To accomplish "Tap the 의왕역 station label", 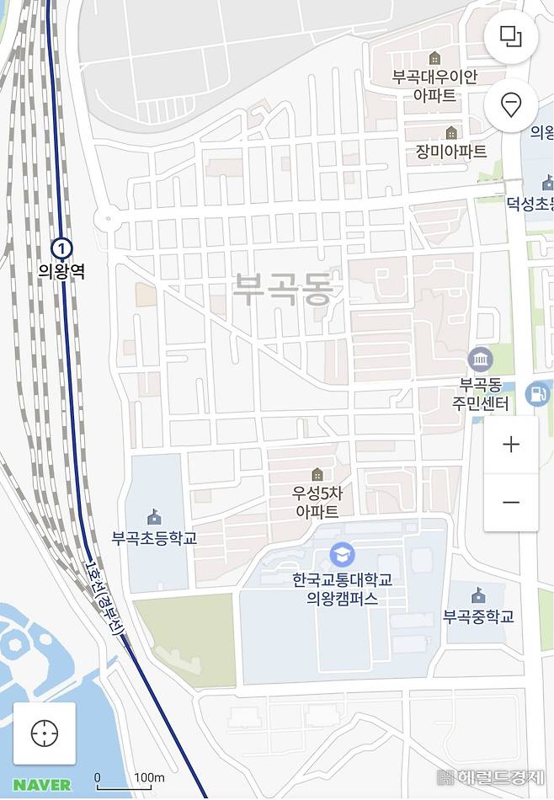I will [x=61, y=271].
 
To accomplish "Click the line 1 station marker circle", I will [x=61, y=248].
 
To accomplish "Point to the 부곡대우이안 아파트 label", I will [x=434, y=86].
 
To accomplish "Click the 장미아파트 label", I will [x=451, y=152].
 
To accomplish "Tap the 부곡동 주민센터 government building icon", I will [x=480, y=360].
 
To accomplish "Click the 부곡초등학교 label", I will [x=154, y=537].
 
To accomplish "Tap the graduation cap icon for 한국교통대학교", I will [x=342, y=554].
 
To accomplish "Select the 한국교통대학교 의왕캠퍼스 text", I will [x=342, y=589].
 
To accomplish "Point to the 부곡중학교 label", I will [x=478, y=616].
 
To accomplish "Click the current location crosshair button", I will [x=44, y=733].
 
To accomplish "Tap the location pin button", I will [x=510, y=105].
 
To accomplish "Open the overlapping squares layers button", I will [x=510, y=36].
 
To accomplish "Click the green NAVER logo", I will [x=42, y=785].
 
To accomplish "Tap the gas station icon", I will [x=536, y=392].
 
